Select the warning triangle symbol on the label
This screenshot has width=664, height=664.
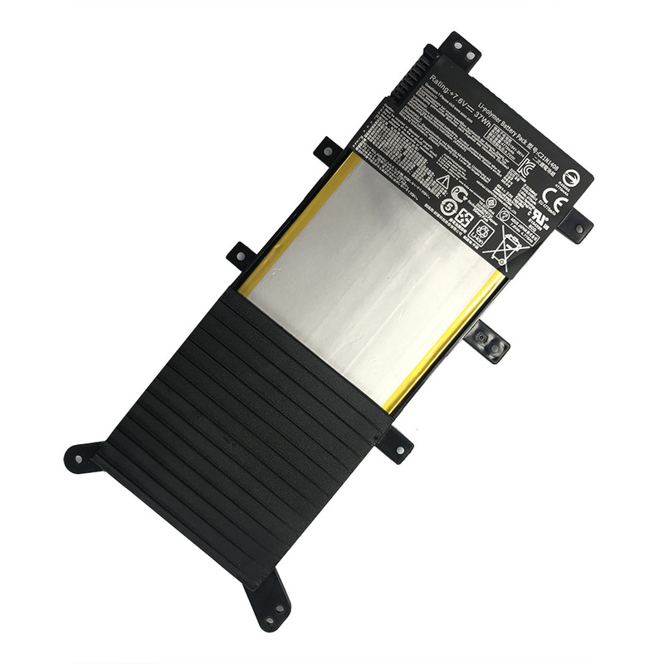point(444,181)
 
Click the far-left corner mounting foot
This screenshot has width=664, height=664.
point(81,454)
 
